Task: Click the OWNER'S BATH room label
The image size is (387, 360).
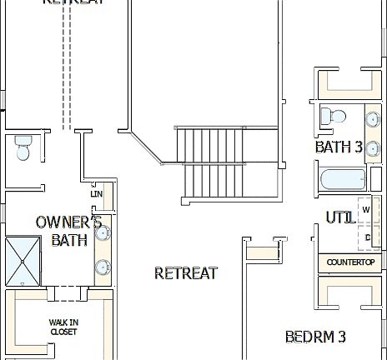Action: point(68,231)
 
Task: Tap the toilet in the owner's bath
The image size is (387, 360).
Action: point(23,148)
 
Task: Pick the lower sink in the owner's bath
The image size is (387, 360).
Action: point(102,267)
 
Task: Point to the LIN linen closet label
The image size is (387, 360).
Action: point(96,193)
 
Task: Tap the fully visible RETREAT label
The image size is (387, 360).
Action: point(186,272)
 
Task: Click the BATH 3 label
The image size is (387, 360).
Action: point(339,147)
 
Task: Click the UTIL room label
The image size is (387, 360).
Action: point(339,217)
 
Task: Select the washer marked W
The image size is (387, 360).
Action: point(366,210)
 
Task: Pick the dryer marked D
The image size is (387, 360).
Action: point(367,238)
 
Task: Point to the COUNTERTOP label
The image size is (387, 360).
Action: point(350,262)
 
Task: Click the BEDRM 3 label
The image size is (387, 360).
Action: point(315,337)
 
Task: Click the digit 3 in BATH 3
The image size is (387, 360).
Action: point(358,147)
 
